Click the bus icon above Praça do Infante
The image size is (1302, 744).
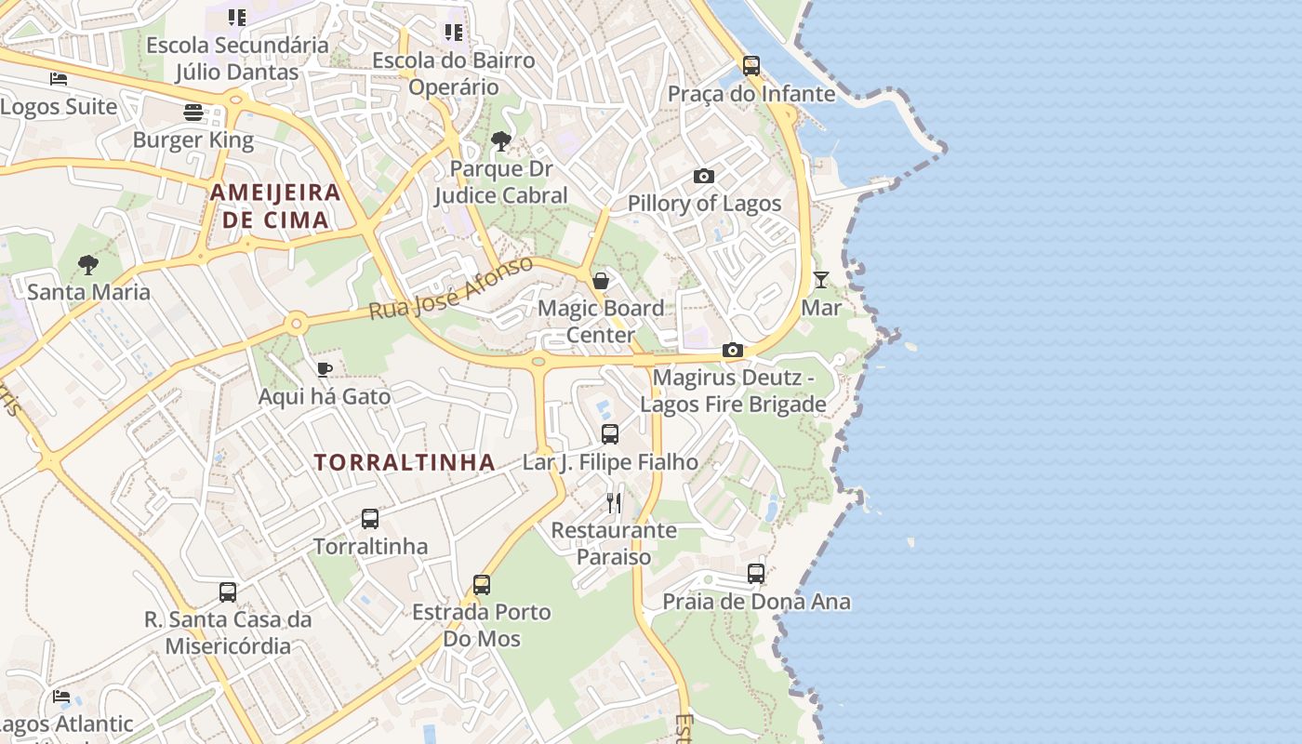[751, 66]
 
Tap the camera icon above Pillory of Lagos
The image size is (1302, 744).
[704, 176]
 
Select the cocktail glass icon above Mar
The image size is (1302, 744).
[820, 279]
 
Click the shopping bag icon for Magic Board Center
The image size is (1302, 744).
[601, 280]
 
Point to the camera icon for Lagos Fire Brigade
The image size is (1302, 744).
[733, 350]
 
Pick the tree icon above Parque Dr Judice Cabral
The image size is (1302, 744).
[501, 141]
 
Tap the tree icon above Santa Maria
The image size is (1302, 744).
[88, 265]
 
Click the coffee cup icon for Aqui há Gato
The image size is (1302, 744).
[325, 369]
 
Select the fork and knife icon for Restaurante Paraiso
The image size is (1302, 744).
[614, 503]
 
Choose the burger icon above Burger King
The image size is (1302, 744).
[193, 113]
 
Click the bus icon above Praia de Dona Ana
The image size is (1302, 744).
[756, 574]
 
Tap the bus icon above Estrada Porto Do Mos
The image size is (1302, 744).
[482, 584]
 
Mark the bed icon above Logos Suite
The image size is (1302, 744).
[59, 79]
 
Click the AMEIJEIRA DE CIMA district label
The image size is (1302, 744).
[275, 206]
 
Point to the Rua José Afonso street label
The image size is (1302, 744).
[451, 287]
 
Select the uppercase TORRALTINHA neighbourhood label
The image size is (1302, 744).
[405, 462]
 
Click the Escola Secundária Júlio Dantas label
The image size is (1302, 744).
[237, 58]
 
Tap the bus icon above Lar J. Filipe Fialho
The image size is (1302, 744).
[610, 433]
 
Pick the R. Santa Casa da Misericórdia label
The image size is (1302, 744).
[228, 632]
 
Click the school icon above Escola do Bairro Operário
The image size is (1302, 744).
[454, 33]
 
